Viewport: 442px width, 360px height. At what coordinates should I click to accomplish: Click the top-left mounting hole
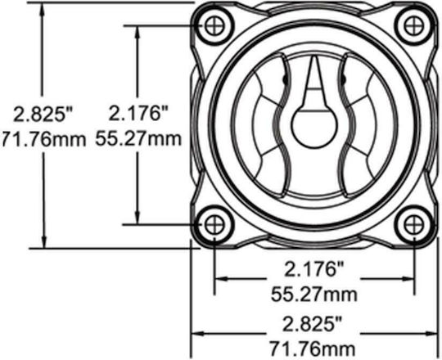click(214, 26)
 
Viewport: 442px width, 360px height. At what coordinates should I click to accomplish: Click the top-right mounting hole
click(414, 26)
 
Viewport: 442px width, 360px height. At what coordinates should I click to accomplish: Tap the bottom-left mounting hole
click(214, 225)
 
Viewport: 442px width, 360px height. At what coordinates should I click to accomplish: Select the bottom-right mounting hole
click(414, 225)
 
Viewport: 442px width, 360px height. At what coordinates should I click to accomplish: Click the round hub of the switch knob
click(314, 124)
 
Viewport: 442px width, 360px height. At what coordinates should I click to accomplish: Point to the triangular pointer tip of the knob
click(314, 58)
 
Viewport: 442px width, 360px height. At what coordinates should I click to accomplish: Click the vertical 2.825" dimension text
click(43, 115)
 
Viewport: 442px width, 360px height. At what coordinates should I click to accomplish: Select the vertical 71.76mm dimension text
click(43, 139)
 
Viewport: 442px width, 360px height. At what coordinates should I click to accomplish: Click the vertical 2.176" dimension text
click(138, 113)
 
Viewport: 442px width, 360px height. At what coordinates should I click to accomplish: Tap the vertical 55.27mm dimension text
click(138, 138)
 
